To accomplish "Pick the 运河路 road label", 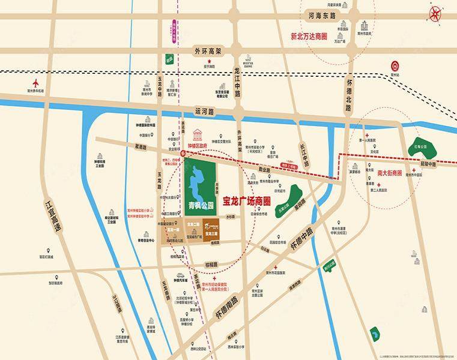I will coord(204,111).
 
